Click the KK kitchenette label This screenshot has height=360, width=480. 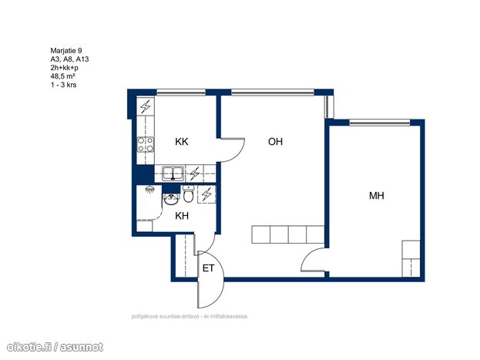182,142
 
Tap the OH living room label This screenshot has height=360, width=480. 275,142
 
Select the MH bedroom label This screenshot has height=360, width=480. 377,196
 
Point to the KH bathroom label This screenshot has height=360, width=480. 182,216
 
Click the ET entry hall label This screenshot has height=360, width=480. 208,268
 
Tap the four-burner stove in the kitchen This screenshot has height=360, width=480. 146,145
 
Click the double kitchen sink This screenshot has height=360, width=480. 173,173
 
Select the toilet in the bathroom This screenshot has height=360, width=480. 188,194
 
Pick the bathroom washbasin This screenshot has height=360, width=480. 171,199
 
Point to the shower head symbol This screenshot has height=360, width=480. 149,190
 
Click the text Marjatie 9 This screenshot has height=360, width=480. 66,51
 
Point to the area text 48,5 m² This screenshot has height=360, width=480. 62,76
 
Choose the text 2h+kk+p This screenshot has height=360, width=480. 64,68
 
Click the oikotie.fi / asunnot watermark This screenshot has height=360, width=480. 55,347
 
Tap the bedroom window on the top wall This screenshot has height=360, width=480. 380,123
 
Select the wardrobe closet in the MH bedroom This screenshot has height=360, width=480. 411,258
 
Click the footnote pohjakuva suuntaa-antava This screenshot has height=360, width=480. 166,316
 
